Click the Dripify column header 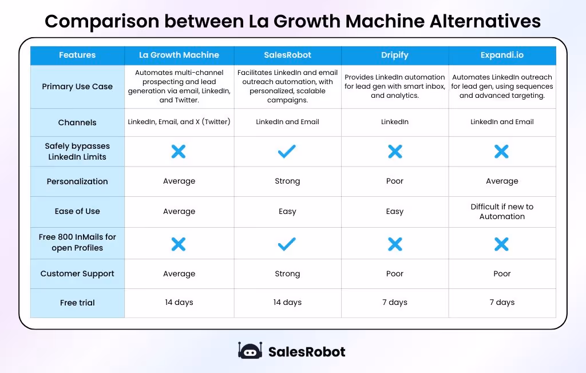click(x=395, y=55)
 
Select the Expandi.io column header click(x=502, y=55)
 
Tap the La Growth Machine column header click(x=179, y=55)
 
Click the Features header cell click(x=77, y=55)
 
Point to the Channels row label click(x=77, y=122)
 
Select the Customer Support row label click(x=77, y=274)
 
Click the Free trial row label click(x=77, y=303)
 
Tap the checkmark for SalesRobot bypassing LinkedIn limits click(x=287, y=151)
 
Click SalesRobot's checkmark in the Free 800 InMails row click(x=287, y=244)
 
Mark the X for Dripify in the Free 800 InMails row click(x=395, y=244)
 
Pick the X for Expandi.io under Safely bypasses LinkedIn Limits click(x=501, y=151)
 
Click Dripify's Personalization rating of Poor click(x=395, y=181)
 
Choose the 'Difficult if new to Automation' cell click(x=502, y=212)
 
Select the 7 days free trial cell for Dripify click(x=395, y=303)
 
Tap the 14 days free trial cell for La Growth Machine click(x=179, y=303)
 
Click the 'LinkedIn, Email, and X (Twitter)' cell click(x=179, y=122)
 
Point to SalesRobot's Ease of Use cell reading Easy click(x=287, y=212)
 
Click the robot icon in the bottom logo click(x=250, y=351)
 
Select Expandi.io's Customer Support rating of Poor click(x=502, y=274)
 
